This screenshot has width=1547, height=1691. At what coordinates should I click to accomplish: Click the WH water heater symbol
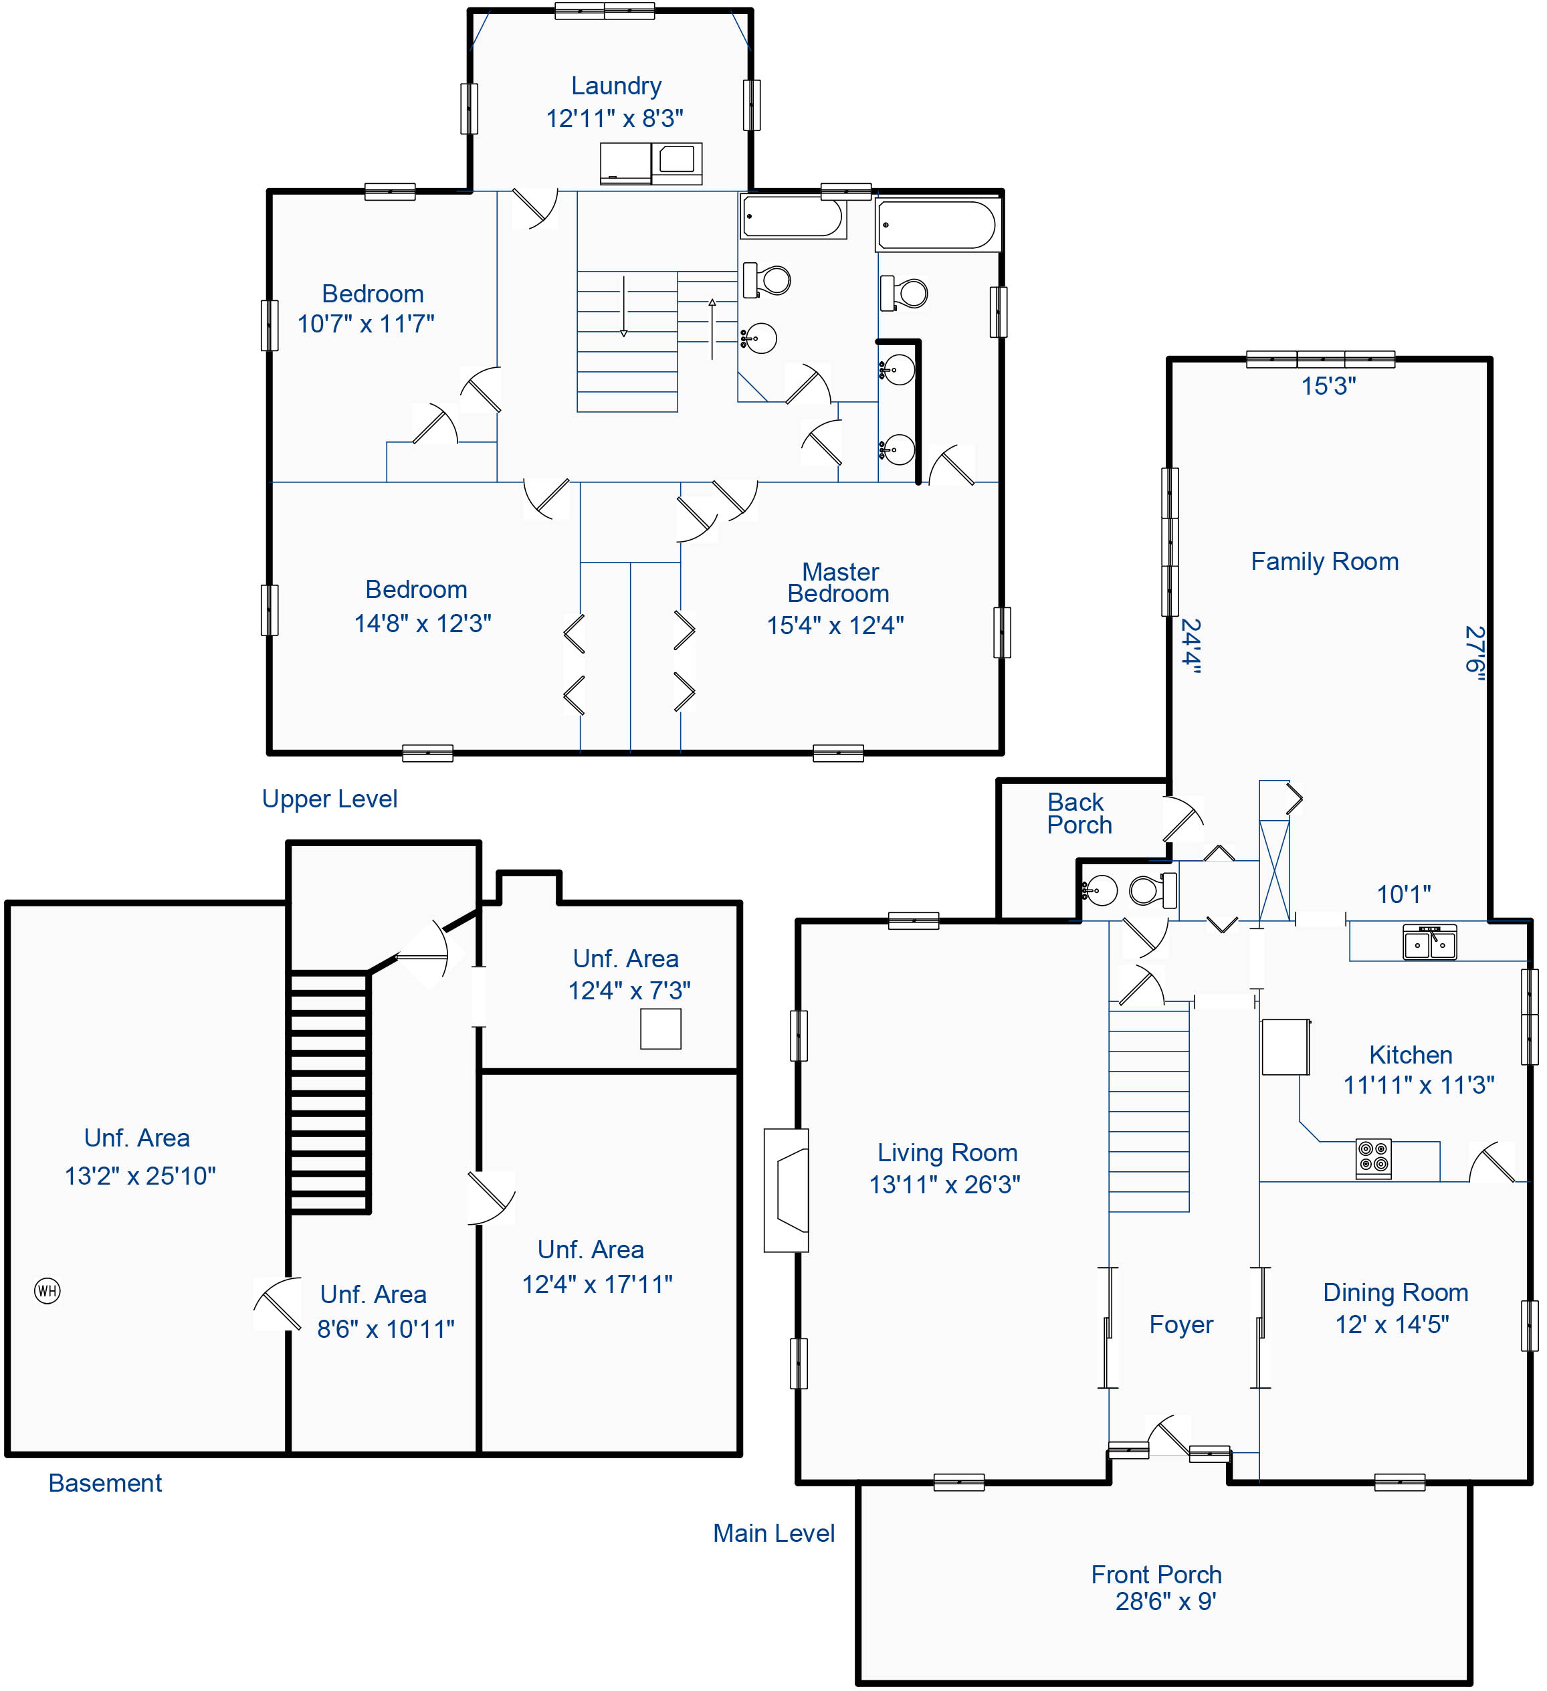(47, 1290)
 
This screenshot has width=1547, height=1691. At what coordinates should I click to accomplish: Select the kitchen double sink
(1431, 942)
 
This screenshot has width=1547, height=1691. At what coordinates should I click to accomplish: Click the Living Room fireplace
(787, 1190)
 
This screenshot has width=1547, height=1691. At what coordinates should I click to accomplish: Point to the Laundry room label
(616, 86)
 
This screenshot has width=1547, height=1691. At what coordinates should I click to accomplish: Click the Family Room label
(1325, 561)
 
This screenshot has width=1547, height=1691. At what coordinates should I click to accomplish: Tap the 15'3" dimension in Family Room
(1328, 386)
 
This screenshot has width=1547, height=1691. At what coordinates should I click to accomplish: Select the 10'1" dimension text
(1404, 894)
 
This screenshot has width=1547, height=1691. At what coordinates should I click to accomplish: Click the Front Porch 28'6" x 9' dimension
(1166, 1601)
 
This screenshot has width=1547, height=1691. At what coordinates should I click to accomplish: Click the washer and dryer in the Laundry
(651, 164)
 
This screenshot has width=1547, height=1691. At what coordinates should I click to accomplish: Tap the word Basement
(105, 1483)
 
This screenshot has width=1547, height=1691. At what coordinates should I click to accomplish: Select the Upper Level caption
(330, 799)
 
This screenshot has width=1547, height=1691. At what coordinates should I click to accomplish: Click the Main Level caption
(774, 1533)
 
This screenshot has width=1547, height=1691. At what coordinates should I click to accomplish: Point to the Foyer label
(1181, 1324)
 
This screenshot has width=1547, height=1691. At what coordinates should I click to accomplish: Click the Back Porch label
(1079, 813)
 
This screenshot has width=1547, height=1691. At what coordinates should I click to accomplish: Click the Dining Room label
(1396, 1292)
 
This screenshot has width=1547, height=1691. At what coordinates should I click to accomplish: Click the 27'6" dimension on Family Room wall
(1475, 654)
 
